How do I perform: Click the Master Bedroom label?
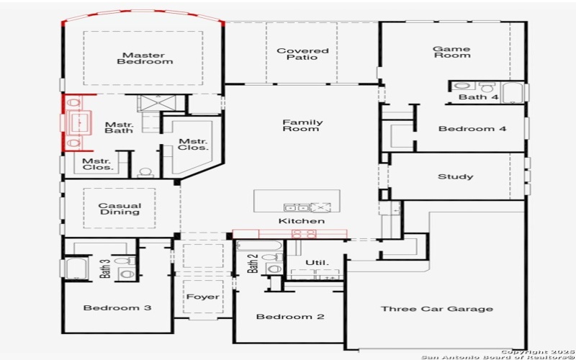[145, 58]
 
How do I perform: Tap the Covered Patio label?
[302, 55]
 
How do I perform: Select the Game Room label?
[451, 52]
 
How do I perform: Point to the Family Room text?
[302, 125]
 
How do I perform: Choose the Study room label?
[455, 176]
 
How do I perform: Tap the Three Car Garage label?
[437, 309]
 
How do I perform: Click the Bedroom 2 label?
[289, 317]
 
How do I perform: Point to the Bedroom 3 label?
[117, 308]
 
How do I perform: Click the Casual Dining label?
[120, 209]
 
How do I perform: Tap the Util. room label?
[317, 262]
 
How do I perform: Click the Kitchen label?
[302, 220]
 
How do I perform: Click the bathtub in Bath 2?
[258, 246]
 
